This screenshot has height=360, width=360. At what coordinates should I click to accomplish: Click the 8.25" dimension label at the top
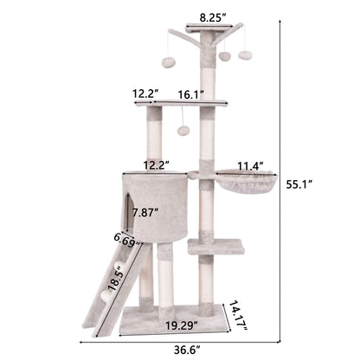[212, 16]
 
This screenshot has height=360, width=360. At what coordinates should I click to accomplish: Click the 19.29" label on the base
[178, 326]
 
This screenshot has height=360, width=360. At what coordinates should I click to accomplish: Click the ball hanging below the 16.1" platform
[183, 131]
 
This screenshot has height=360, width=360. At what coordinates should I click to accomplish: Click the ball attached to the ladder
[106, 294]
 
